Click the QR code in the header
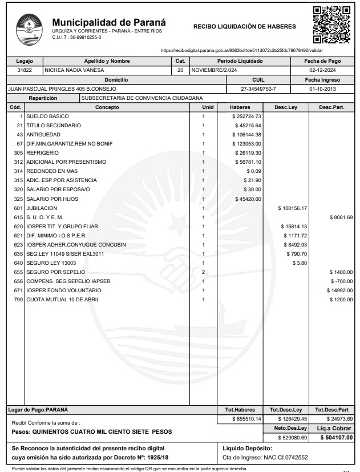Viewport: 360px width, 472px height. pyautogui.click(x=331, y=25)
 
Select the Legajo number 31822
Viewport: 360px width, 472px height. pyautogui.click(x=25, y=70)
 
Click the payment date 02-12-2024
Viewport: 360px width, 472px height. pyautogui.click(x=323, y=70)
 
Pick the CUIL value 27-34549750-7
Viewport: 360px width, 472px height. pyautogui.click(x=258, y=89)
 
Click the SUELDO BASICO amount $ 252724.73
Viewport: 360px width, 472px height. pyautogui.click(x=248, y=116)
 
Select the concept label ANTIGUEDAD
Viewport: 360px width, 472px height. pyautogui.click(x=43, y=134)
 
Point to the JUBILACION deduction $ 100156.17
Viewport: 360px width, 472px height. pyautogui.click(x=292, y=208)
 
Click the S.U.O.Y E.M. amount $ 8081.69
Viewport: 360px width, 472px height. pyautogui.click(x=341, y=217)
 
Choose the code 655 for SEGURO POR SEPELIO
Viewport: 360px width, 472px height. pyautogui.click(x=17, y=273)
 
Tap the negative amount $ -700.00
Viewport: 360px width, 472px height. pyautogui.click(x=342, y=282)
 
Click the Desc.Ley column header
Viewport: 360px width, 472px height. pyautogui.click(x=285, y=107)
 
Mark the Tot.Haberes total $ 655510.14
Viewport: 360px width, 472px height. pyautogui.click(x=247, y=419)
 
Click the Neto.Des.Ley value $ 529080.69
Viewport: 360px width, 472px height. pyautogui.click(x=292, y=438)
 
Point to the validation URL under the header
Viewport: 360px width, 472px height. pyautogui.click(x=242, y=50)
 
